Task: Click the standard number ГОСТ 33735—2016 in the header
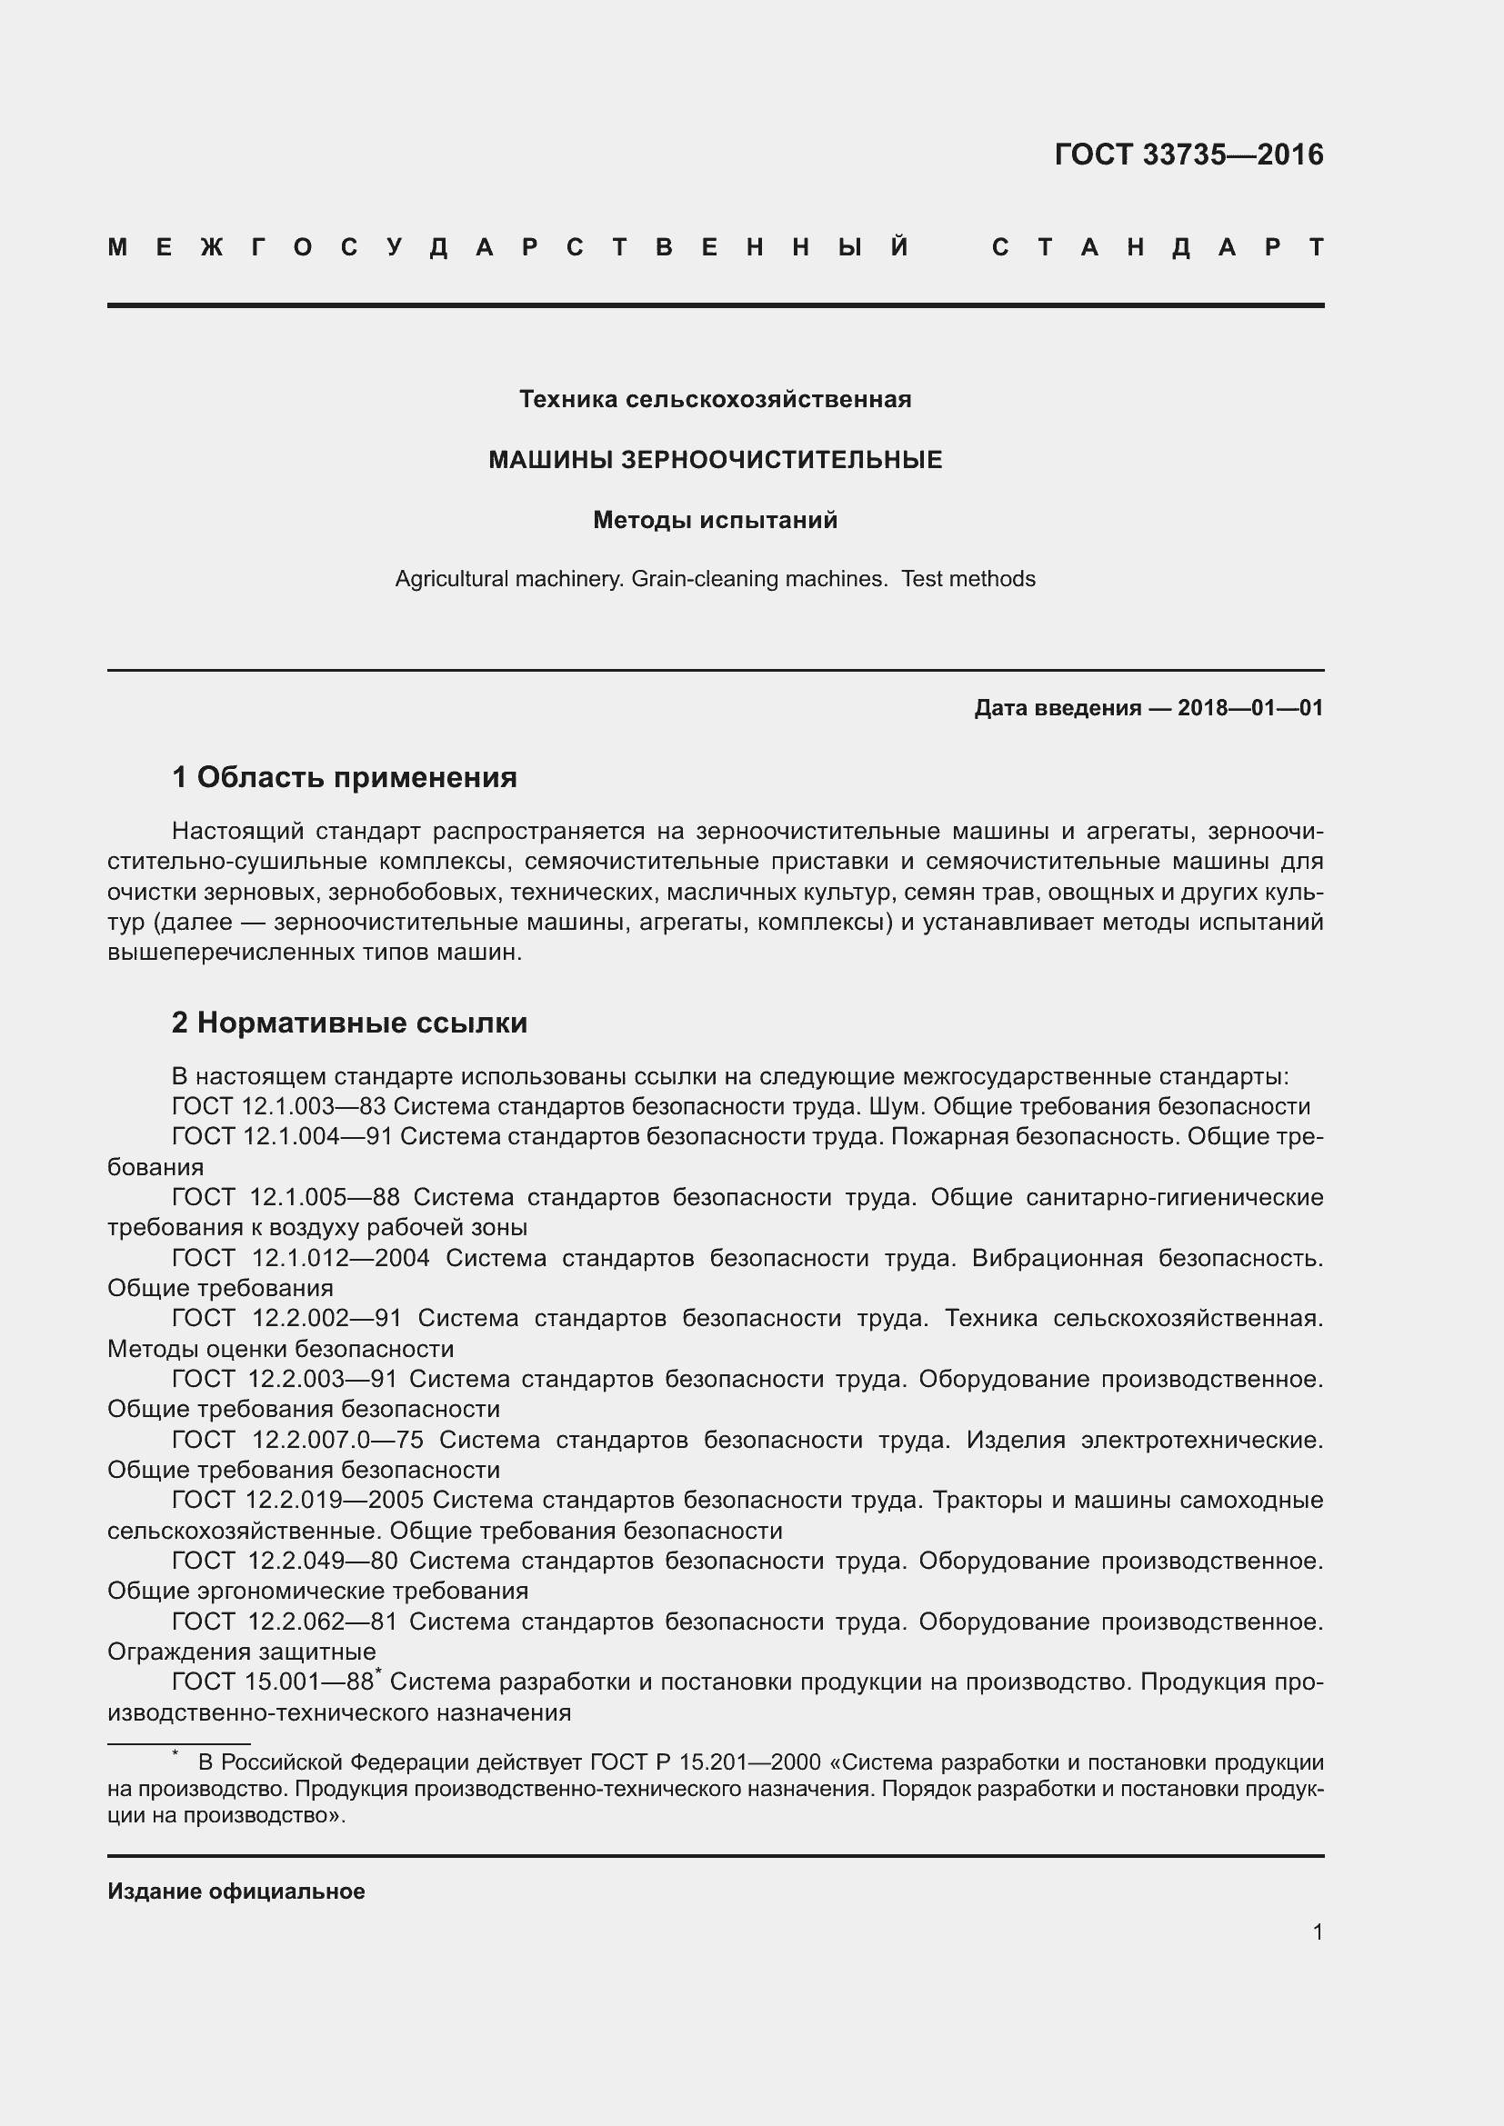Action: [1188, 155]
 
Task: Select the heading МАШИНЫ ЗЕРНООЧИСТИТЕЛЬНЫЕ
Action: [714, 459]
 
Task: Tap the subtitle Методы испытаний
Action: [714, 521]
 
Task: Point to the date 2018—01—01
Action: [1249, 708]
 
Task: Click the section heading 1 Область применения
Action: [344, 777]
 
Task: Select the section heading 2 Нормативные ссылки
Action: [349, 1023]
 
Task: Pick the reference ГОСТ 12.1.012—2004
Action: [300, 1257]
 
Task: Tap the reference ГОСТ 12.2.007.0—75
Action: [297, 1440]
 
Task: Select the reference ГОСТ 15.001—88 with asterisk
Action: [275, 1682]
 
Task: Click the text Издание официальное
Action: [236, 1891]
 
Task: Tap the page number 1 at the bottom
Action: [1317, 1931]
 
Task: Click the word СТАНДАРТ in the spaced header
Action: [1158, 247]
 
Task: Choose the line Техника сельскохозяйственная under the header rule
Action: [714, 399]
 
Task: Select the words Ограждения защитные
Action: [241, 1652]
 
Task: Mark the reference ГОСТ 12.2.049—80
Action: [285, 1562]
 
